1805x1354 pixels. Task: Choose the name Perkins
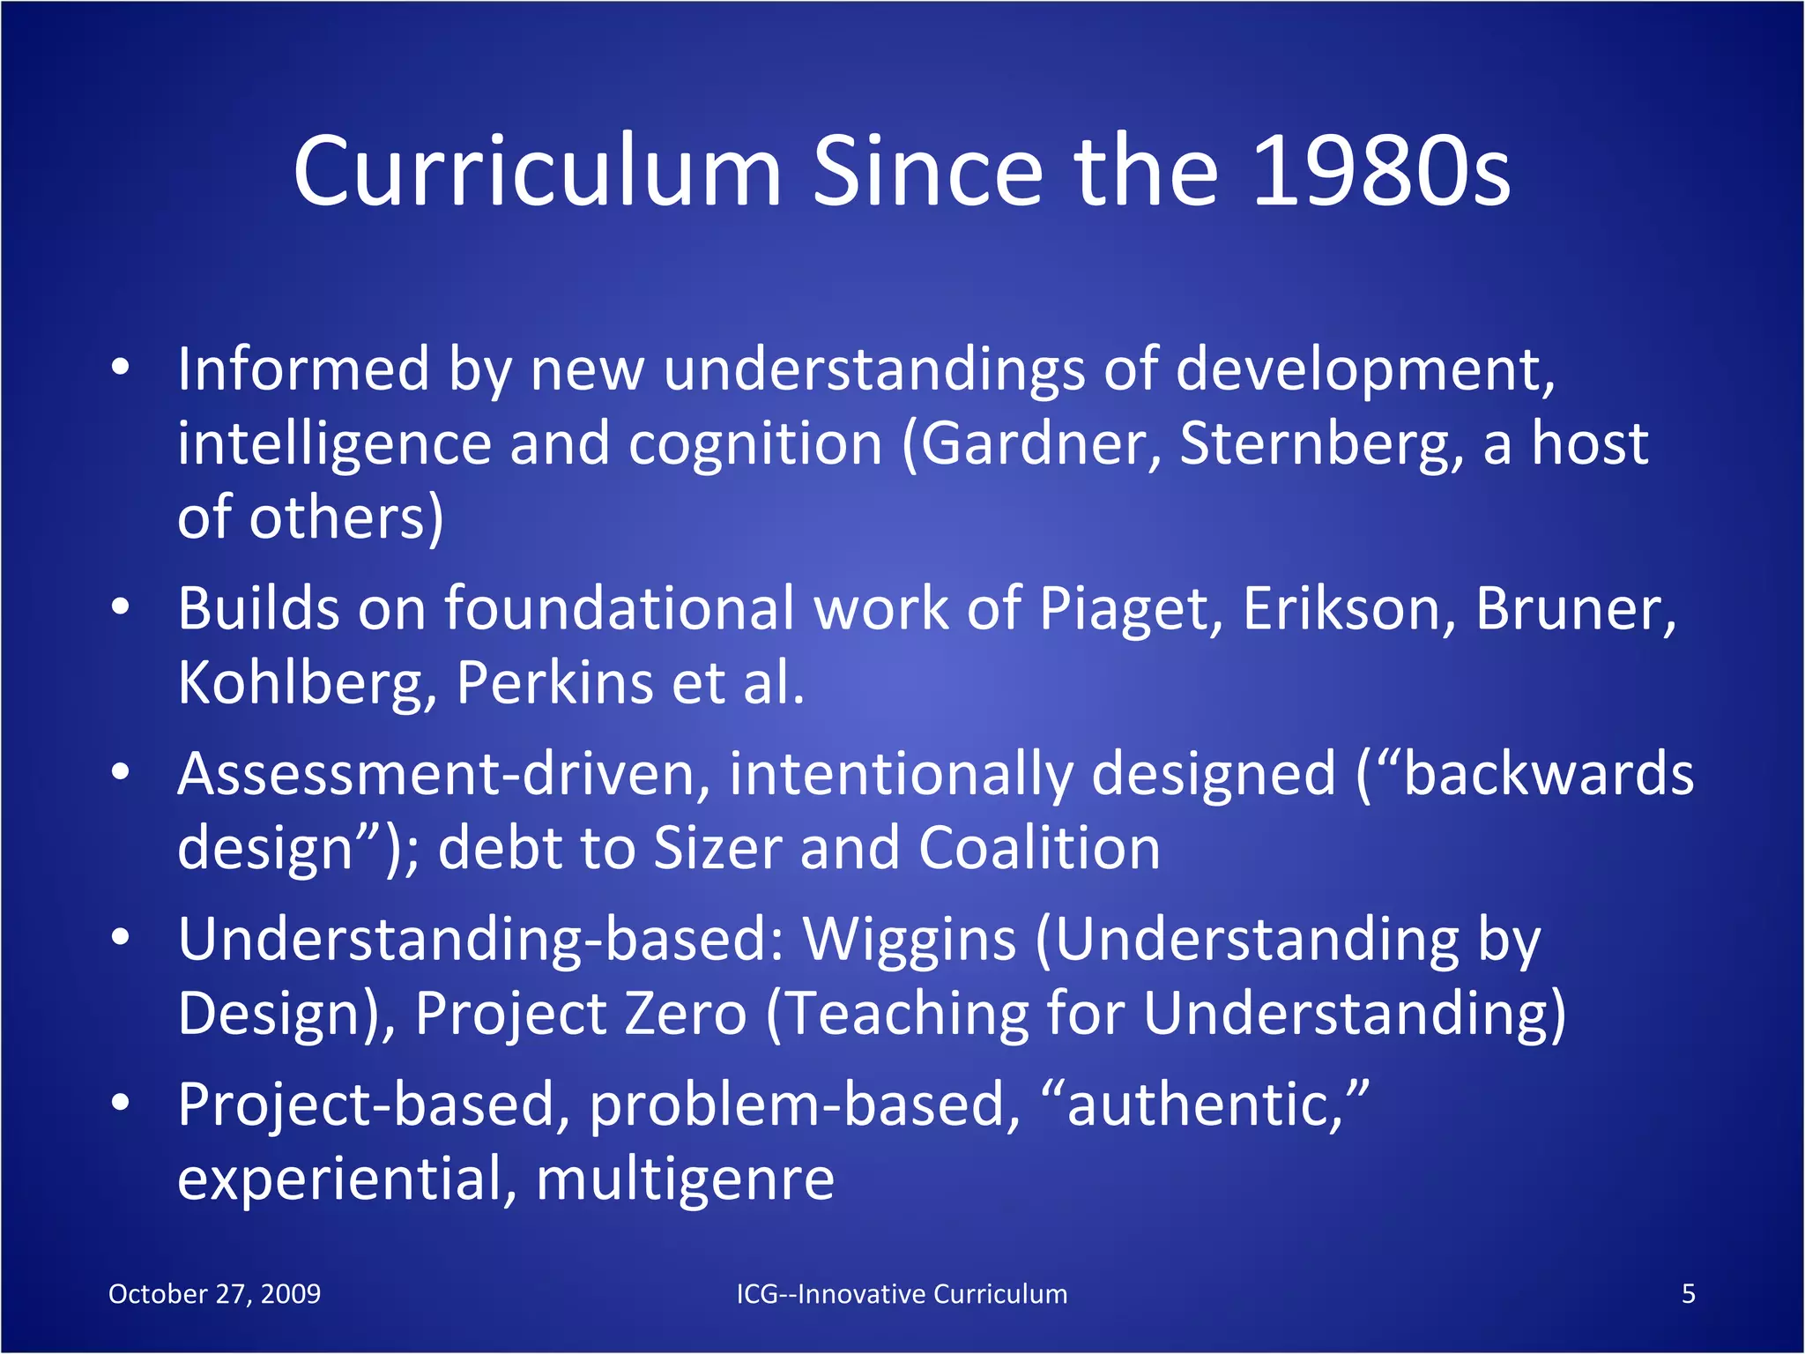coord(553,682)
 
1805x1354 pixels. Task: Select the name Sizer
coord(717,848)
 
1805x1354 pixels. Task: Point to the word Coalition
coord(1039,848)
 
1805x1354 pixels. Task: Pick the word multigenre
coord(685,1179)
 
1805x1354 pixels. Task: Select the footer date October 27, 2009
coord(214,1294)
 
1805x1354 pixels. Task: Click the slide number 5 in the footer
coord(1688,1294)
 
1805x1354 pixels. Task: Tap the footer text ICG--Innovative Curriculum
coord(902,1294)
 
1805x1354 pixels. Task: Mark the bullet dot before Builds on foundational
coord(121,608)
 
